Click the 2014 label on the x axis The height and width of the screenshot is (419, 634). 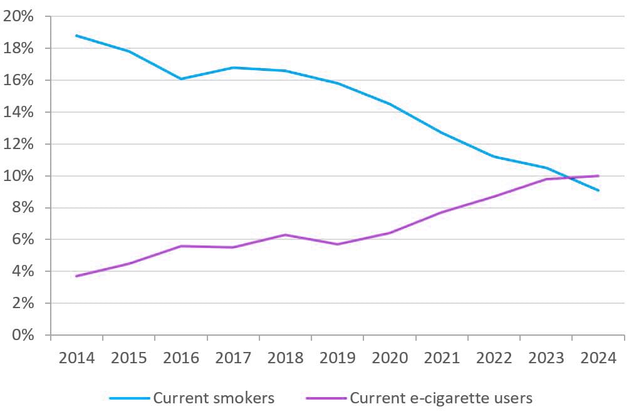(x=76, y=358)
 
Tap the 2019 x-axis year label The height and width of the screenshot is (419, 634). (x=337, y=358)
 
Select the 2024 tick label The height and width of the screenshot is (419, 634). (x=598, y=358)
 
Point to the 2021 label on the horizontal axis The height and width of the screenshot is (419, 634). (x=442, y=358)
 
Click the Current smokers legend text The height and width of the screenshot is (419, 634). (x=214, y=398)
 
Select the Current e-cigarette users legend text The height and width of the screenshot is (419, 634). (x=440, y=398)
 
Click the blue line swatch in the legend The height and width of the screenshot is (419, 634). (x=130, y=398)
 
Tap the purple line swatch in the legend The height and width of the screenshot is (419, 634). (x=326, y=398)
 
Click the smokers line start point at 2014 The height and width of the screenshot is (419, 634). (x=76, y=36)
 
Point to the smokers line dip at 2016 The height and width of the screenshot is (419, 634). (x=180, y=79)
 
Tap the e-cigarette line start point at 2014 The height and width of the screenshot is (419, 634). (x=76, y=276)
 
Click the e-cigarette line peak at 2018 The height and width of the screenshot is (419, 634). (x=285, y=235)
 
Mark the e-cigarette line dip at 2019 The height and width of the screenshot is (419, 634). (x=337, y=244)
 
